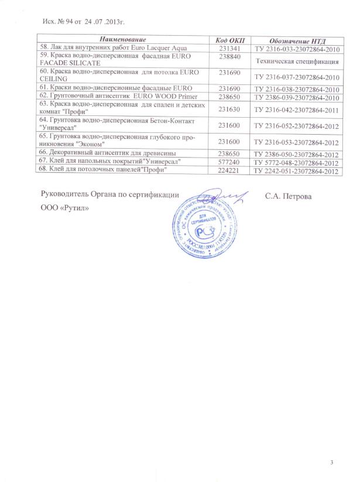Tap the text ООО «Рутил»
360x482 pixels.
65,210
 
